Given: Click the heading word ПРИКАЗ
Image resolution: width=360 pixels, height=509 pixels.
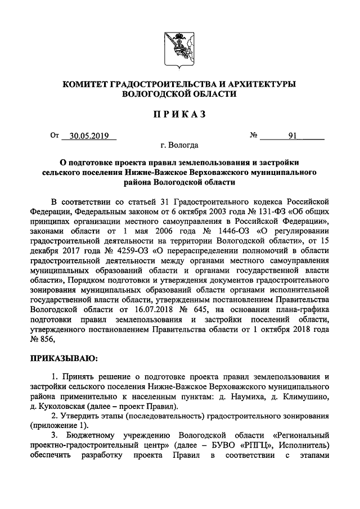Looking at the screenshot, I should [x=179, y=115].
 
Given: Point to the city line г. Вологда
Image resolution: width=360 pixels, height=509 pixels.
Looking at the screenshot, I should [x=179, y=146].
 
